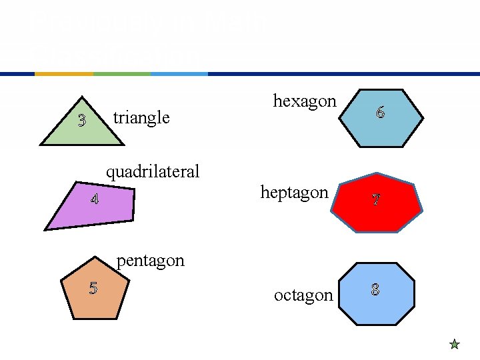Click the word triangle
coord(141,118)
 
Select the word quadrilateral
coord(153,172)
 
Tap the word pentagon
coord(150,260)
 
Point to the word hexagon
coord(305,101)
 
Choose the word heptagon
coord(294,193)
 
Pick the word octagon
coord(303,295)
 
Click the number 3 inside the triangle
coord(81,121)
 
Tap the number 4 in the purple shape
coord(95,199)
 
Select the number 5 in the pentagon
coord(93,288)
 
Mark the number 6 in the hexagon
coord(380,113)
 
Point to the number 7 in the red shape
coord(376,199)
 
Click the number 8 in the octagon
coord(375,289)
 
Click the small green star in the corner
coord(454,345)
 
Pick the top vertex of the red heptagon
coord(377,173)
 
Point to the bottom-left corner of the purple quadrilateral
coord(45,229)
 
